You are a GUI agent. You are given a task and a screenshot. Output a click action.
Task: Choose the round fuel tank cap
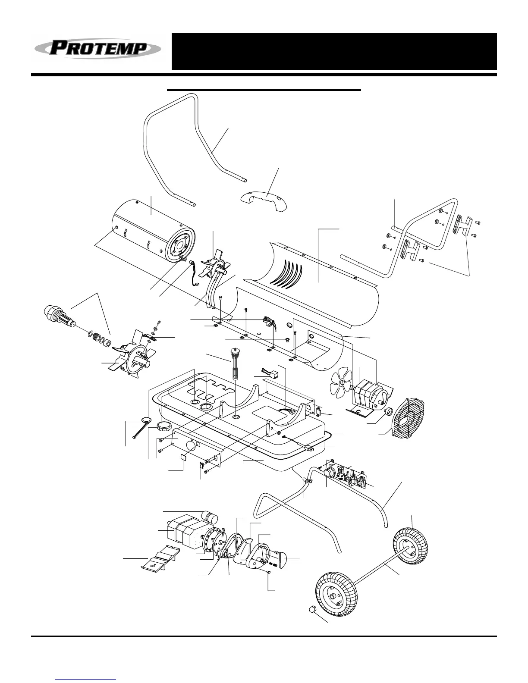coord(165,427)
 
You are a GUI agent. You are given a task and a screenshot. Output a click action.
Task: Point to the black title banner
coord(334,51)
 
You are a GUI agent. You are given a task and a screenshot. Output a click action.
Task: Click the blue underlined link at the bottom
coord(86,678)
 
